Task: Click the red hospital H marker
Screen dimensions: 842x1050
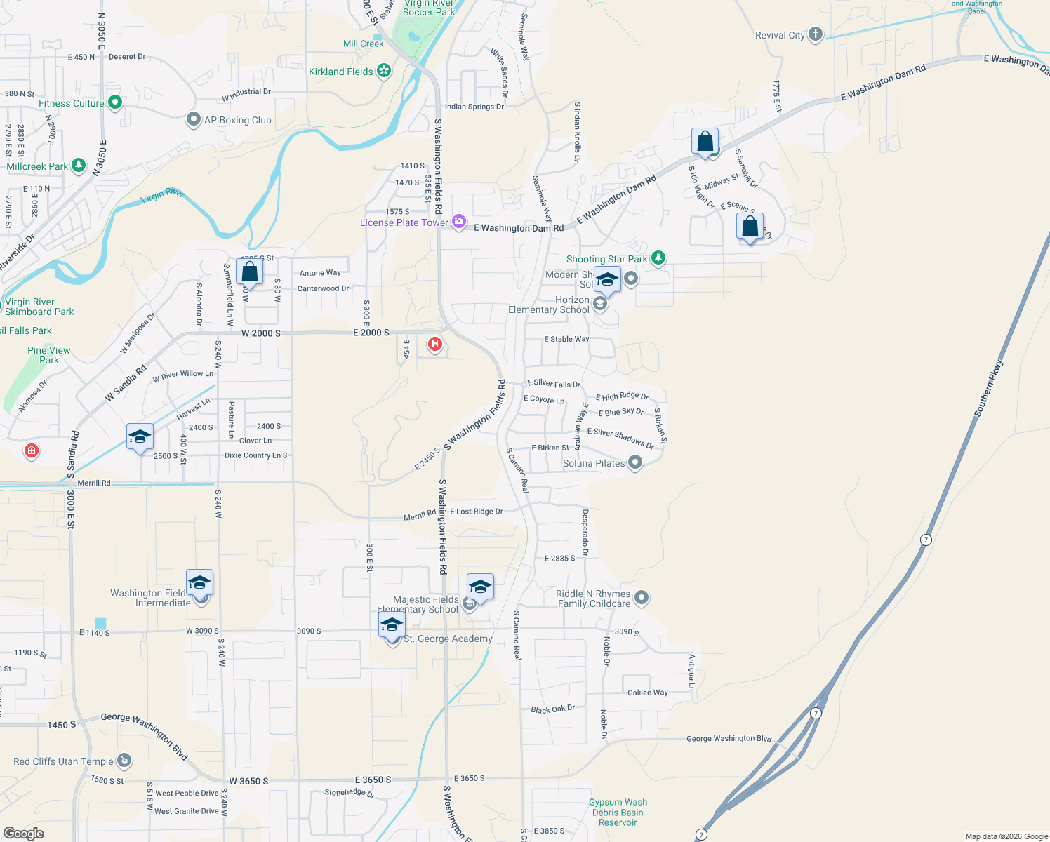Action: [435, 344]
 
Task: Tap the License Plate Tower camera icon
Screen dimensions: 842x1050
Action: [459, 222]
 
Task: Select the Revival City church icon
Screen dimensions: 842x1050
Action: [815, 34]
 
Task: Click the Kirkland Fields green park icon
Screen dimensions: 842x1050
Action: [383, 71]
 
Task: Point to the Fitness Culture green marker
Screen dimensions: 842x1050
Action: [115, 103]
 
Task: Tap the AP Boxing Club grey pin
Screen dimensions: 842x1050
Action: [194, 120]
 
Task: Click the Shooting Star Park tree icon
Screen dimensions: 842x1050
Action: [658, 258]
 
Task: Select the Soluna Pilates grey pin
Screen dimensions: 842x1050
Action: [635, 462]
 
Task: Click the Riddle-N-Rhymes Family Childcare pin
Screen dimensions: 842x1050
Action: [642, 598]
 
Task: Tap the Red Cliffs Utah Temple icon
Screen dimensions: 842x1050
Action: [124, 760]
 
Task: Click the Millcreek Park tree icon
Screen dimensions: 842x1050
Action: [79, 166]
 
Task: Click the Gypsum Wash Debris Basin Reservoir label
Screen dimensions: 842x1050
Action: [618, 812]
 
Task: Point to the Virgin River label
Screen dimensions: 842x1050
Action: [162, 195]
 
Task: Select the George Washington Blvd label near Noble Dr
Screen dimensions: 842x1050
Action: [729, 738]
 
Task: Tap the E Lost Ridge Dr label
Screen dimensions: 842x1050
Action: [476, 512]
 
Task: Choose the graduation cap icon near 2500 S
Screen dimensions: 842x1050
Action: [140, 437]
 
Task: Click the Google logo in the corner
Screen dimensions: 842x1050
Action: [24, 834]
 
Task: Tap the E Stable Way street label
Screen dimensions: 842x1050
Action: [566, 339]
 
